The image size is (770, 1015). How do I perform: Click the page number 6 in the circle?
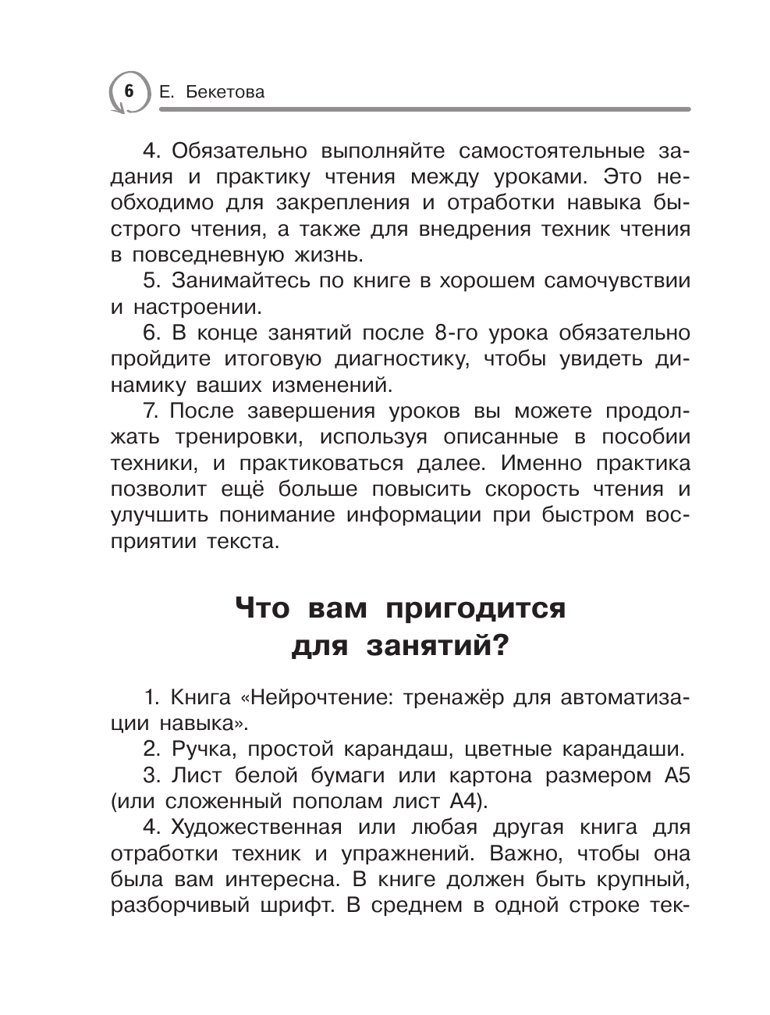point(129,91)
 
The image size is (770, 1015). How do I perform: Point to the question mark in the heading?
point(499,646)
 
